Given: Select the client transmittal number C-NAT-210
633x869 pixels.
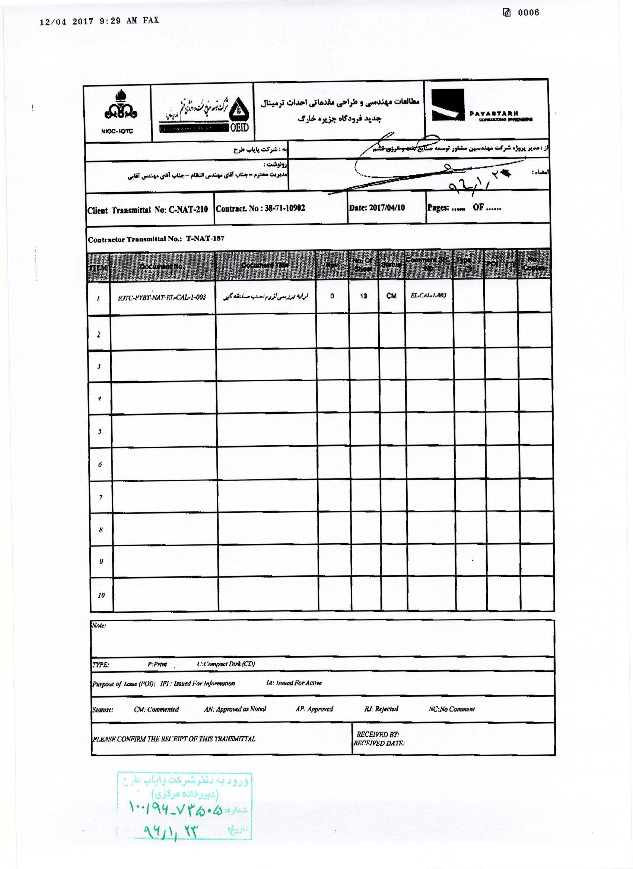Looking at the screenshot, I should [188, 210].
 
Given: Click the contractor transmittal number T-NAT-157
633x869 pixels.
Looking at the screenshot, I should [205, 238].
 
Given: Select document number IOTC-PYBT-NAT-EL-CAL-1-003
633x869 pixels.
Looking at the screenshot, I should [162, 297].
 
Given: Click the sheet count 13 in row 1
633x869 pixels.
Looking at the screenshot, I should [363, 296].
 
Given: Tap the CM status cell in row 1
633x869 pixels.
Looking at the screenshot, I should [391, 296].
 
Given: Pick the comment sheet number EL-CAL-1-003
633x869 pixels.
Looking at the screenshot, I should [428, 295].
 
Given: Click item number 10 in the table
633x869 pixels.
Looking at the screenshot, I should [101, 595].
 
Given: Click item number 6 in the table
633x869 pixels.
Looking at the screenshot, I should [100, 465].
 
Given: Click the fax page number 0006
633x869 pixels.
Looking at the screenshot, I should [528, 13].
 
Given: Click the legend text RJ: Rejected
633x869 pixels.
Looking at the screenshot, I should [381, 709].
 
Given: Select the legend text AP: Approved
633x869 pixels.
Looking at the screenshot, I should [314, 709].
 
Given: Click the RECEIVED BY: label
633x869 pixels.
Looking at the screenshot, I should [378, 734].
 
